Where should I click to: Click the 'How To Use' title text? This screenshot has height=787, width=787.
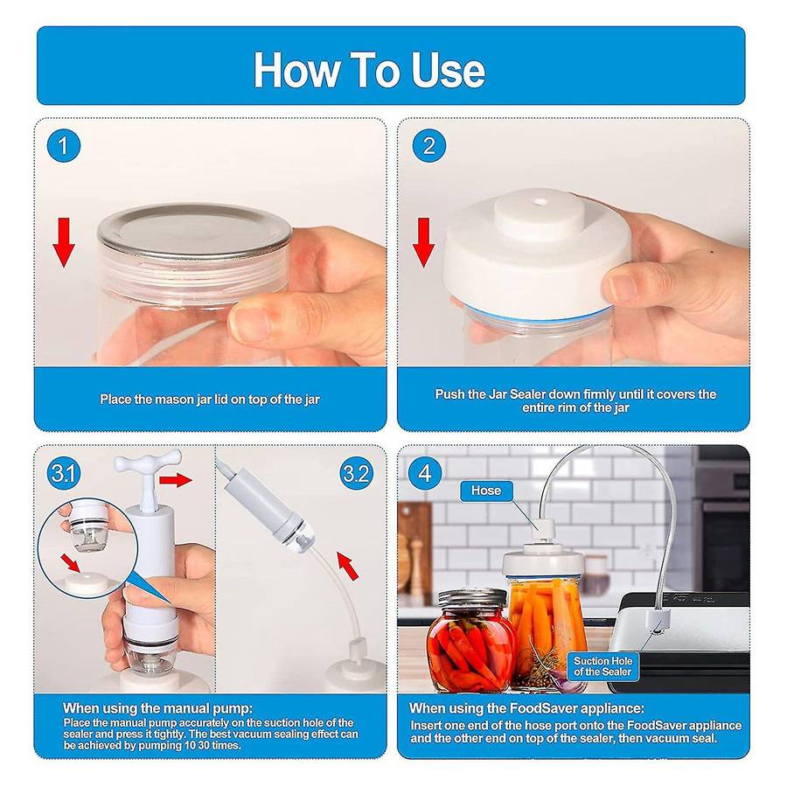pyautogui.click(x=369, y=70)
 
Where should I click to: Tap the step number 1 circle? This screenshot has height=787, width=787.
pyautogui.click(x=63, y=145)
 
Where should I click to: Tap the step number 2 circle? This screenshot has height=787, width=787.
pyautogui.click(x=428, y=145)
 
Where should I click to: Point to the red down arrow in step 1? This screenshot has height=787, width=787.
pyautogui.click(x=64, y=241)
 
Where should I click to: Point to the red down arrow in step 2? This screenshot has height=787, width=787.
pyautogui.click(x=424, y=241)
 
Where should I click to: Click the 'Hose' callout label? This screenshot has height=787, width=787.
pyautogui.click(x=486, y=491)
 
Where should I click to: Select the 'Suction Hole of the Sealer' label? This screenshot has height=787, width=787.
pyautogui.click(x=602, y=666)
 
